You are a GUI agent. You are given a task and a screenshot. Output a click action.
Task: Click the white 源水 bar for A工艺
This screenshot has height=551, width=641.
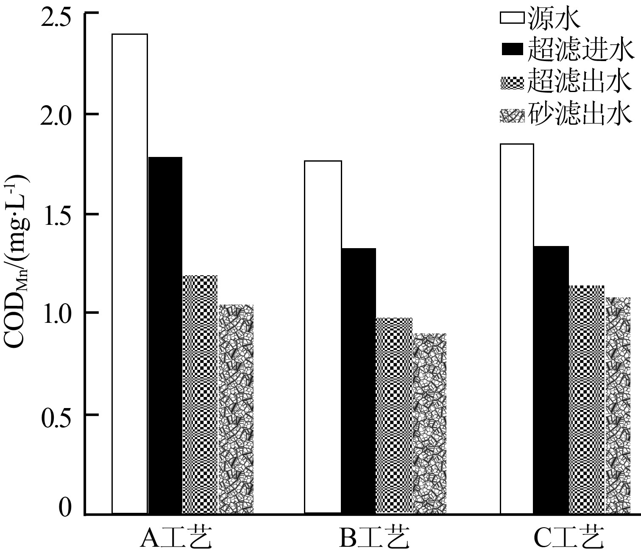click(x=130, y=274)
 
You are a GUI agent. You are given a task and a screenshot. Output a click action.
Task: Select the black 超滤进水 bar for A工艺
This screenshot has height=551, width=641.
click(x=165, y=335)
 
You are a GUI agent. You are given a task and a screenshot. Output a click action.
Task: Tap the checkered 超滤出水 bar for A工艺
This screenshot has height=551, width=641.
click(x=200, y=394)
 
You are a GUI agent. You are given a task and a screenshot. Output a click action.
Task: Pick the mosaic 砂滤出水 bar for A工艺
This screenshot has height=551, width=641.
click(x=236, y=409)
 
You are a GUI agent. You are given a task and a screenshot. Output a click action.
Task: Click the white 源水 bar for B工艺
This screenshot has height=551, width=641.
click(x=323, y=337)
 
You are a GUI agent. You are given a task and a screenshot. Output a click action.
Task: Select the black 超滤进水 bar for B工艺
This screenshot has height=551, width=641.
click(x=359, y=381)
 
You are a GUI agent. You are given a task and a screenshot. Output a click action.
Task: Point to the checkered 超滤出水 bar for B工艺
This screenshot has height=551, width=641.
click(x=394, y=416)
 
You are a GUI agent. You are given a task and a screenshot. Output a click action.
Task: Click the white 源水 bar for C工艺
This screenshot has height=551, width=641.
click(x=517, y=329)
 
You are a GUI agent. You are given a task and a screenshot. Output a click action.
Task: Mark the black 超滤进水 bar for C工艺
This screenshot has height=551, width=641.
click(x=552, y=380)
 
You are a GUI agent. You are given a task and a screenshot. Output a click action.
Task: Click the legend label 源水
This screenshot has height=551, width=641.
click(x=554, y=19)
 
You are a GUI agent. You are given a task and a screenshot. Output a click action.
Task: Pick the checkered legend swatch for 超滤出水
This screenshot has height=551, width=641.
click(x=513, y=83)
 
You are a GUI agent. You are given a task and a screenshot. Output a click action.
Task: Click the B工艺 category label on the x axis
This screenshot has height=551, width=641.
click(x=374, y=538)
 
